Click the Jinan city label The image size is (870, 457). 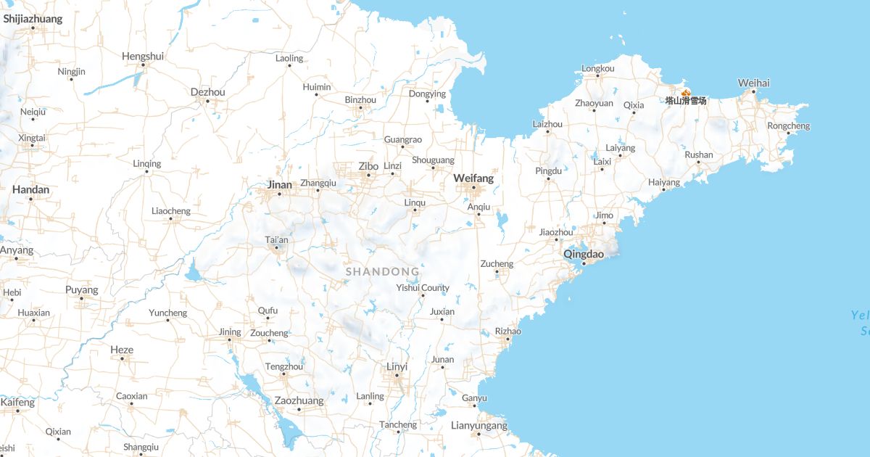click(x=279, y=184)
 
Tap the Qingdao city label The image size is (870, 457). click(x=584, y=254)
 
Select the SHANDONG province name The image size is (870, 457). click(x=382, y=271)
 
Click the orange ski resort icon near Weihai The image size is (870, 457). click(x=686, y=92)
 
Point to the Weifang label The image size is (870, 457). click(x=473, y=178)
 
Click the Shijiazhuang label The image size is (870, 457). click(x=33, y=19)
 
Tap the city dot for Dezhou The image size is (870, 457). click(x=207, y=101)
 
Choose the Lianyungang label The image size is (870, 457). click(x=479, y=425)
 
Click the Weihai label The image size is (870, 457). click(x=753, y=83)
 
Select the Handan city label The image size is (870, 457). click(x=30, y=189)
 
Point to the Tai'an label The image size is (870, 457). click(x=276, y=239)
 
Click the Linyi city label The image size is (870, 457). click(x=397, y=366)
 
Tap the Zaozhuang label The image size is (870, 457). click(x=299, y=400)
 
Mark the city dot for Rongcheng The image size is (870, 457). click(x=788, y=133)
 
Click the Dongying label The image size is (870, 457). click(x=427, y=94)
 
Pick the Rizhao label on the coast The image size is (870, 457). click(x=507, y=331)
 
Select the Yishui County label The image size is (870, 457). click(x=423, y=287)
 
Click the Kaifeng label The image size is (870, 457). click(x=17, y=402)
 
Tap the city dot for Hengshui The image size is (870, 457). click(x=143, y=65)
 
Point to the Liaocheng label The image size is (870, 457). click(x=170, y=211)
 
